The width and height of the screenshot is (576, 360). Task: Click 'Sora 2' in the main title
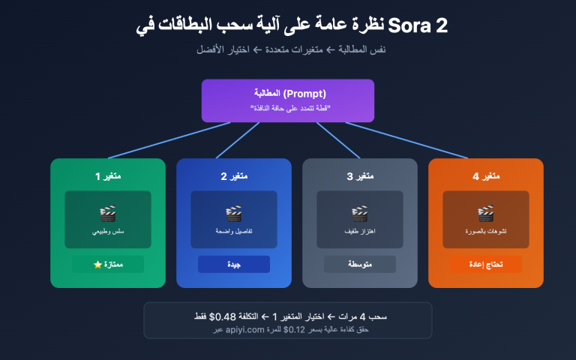(x=418, y=26)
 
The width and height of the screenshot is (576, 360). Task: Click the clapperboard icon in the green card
(x=108, y=214)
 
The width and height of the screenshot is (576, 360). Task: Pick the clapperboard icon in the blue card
(x=234, y=214)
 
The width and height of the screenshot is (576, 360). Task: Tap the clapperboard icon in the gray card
(x=360, y=214)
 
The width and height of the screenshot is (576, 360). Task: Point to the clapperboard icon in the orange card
(x=486, y=214)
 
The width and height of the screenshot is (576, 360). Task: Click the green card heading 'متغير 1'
(x=108, y=176)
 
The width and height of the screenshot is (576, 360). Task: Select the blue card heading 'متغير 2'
(x=234, y=176)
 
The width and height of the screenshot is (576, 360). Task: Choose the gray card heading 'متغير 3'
(x=360, y=176)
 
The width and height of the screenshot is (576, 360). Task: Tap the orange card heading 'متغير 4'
(x=486, y=176)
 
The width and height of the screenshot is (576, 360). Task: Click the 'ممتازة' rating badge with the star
(x=108, y=265)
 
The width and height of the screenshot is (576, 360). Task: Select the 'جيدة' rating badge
(x=234, y=265)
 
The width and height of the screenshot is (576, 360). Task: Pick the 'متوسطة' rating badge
(x=360, y=265)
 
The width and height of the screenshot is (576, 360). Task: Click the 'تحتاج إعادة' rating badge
(x=486, y=265)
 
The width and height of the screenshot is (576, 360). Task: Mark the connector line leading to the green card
(x=169, y=140)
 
